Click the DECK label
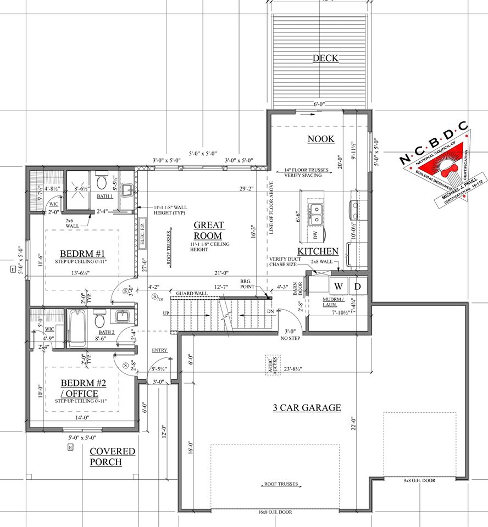point(325,58)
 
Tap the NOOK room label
point(320,139)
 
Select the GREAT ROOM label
point(209,231)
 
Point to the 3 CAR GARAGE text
point(307,407)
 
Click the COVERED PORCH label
point(112,456)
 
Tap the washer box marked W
point(339,286)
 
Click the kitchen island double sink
point(315,214)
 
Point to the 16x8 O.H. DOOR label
point(275,512)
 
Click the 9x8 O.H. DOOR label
point(419,480)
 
